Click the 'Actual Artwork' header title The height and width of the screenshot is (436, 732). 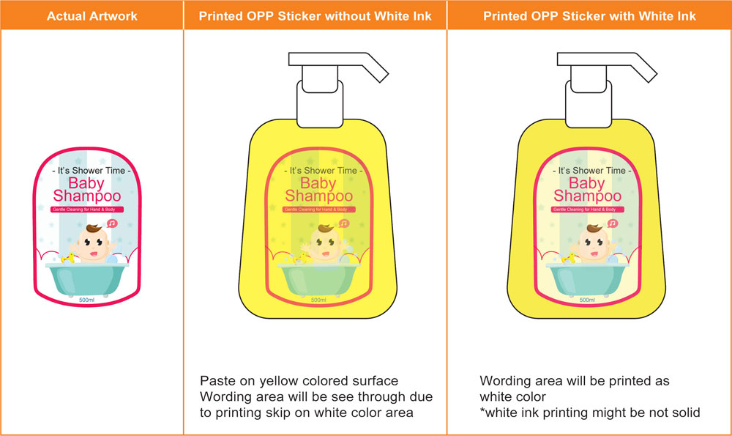92,16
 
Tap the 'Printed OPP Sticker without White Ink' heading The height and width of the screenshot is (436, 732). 315,16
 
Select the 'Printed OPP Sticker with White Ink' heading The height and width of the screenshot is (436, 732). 589,16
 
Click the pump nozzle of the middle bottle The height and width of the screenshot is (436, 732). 338,65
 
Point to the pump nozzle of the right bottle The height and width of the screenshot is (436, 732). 606,65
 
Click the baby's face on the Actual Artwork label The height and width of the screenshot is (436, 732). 93,244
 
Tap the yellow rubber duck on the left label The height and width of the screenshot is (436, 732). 68,258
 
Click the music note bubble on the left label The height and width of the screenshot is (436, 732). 112,223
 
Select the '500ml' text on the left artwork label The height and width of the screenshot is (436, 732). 87,300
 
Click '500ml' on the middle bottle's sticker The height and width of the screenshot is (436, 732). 318,300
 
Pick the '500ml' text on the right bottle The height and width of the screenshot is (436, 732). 587,300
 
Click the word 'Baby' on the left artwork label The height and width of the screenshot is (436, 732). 86,183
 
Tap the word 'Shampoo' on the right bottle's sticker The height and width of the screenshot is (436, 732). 587,196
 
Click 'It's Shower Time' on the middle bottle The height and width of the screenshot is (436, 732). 323,171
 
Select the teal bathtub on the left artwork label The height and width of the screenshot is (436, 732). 87,279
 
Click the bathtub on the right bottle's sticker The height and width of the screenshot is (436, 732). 587,279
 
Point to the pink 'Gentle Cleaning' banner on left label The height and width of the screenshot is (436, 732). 87,210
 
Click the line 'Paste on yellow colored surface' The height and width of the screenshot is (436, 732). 299,381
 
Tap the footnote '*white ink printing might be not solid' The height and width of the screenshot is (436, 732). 589,413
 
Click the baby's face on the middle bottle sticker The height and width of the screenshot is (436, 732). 325,244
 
